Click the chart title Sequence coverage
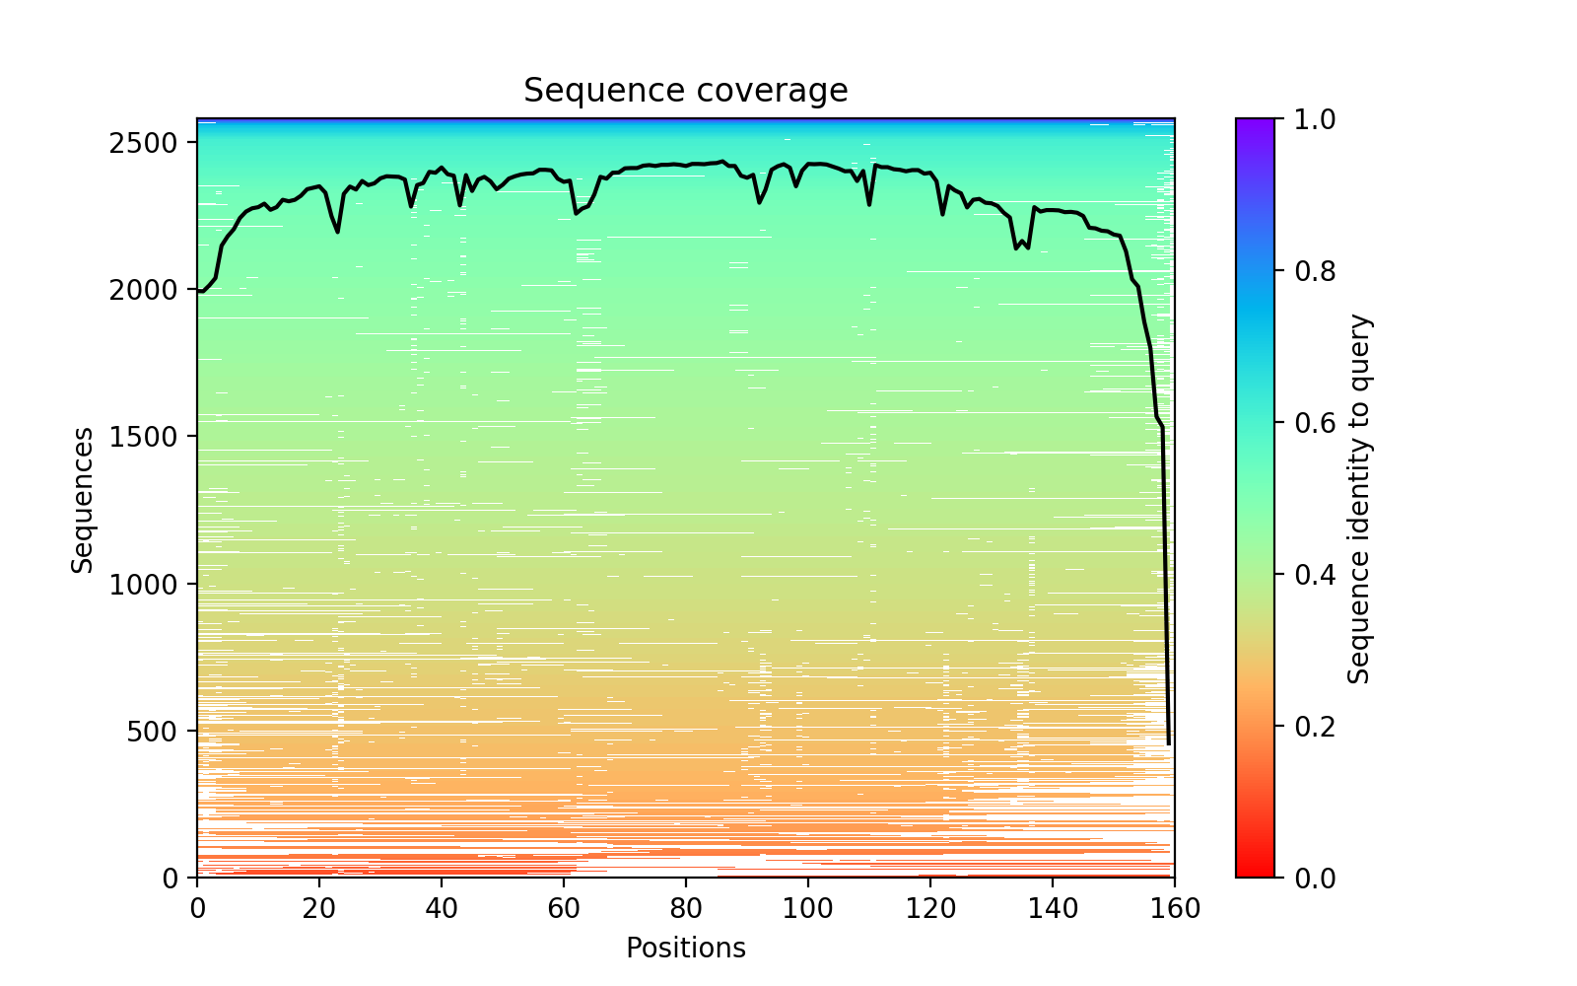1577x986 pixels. (685, 91)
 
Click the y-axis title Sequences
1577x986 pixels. (83, 499)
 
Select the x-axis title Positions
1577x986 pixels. (685, 949)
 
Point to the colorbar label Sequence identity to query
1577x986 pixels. (1359, 499)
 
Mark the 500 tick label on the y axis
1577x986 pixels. (165, 731)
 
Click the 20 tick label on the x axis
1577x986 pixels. (319, 908)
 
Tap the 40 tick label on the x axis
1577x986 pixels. (442, 908)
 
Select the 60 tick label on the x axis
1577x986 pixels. (564, 908)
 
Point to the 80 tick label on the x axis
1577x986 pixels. (686, 908)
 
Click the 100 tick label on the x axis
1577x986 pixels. (808, 908)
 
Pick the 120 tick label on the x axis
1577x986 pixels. (930, 908)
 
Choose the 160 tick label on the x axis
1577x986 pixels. (1175, 908)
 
